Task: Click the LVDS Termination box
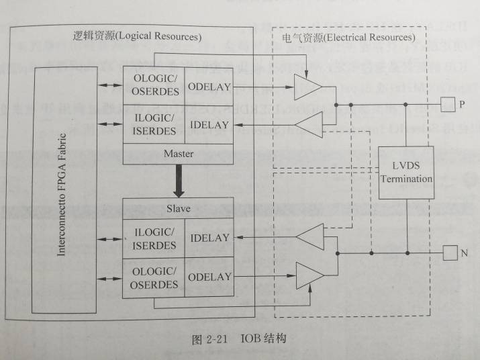coord(406,173)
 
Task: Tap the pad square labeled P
coord(448,105)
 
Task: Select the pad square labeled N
coord(450,253)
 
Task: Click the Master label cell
coord(178,154)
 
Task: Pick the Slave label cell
coord(178,209)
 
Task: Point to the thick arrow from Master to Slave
coord(179,181)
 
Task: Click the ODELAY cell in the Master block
coord(209,87)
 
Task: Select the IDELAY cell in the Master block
coord(209,125)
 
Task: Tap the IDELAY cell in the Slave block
coord(209,238)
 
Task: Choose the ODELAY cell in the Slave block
coord(209,277)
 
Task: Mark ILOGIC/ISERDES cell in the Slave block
coord(154,239)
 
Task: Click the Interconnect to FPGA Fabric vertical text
coord(62,195)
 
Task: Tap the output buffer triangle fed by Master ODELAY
coord(307,87)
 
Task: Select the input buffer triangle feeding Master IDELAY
coord(309,125)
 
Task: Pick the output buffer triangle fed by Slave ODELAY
coord(309,275)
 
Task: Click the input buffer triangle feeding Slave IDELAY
coord(310,236)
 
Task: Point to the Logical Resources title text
coord(138,36)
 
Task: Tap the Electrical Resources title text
coord(348,38)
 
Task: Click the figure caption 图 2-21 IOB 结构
coord(239,339)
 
